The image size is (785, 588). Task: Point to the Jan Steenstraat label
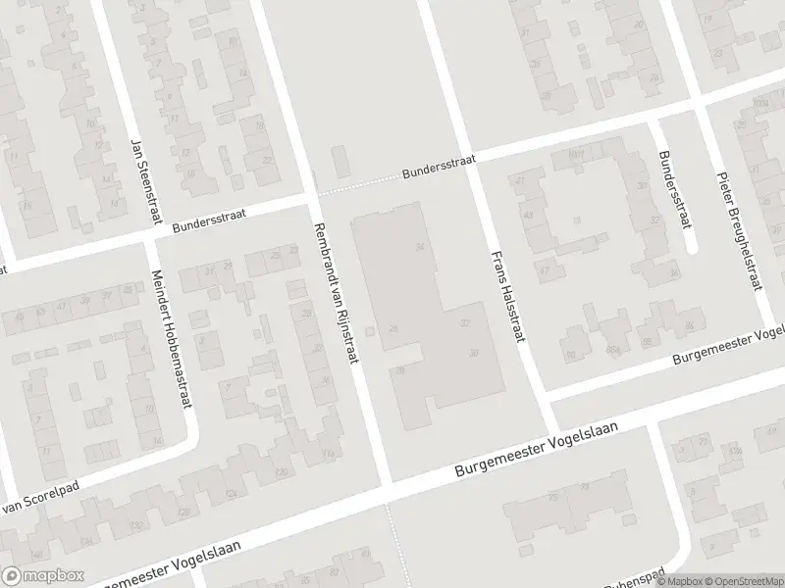click(143, 178)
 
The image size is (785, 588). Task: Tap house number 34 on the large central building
click(420, 246)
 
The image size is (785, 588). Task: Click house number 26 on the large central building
click(393, 328)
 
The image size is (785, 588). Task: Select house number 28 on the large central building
click(401, 369)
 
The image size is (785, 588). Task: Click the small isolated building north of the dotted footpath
click(340, 161)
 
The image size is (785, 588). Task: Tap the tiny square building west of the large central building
click(371, 332)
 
